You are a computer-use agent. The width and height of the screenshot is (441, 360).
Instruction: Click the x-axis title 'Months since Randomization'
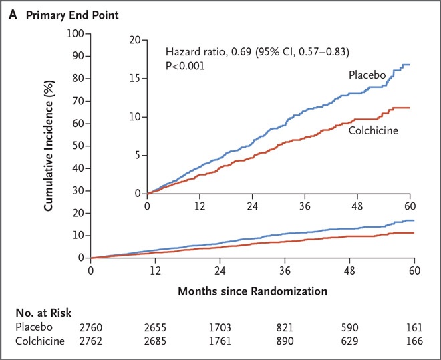pyautogui.click(x=252, y=292)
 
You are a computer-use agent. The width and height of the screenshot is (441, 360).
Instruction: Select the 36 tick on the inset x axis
pyautogui.click(x=305, y=206)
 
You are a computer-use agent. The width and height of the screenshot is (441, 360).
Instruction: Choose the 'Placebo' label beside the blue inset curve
pyautogui.click(x=367, y=75)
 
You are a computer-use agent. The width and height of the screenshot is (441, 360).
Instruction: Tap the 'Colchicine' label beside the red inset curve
pyautogui.click(x=374, y=130)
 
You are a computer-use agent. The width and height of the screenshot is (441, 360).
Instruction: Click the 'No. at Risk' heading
pyautogui.click(x=43, y=313)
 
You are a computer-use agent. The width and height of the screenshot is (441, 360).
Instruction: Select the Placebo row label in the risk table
pyautogui.click(x=33, y=327)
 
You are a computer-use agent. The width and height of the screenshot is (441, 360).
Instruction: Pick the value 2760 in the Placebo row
pyautogui.click(x=91, y=327)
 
